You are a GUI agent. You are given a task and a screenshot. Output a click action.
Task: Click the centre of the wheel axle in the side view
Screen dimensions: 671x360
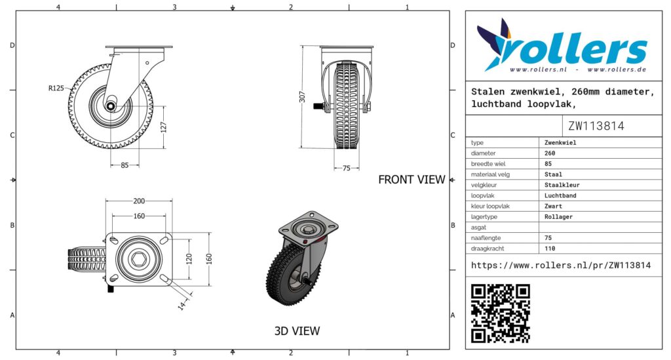click(x=110, y=106)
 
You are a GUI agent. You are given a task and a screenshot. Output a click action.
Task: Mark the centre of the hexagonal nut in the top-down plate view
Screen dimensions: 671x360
click(x=139, y=259)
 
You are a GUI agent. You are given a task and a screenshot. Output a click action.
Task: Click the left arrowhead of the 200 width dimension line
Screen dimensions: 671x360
click(x=107, y=201)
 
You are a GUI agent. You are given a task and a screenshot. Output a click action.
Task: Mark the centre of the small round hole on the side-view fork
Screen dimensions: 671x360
click(x=147, y=63)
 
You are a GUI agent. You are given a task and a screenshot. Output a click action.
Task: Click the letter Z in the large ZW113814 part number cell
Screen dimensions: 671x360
click(x=571, y=126)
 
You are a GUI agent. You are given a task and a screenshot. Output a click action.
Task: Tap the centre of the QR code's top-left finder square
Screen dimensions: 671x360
click(x=478, y=292)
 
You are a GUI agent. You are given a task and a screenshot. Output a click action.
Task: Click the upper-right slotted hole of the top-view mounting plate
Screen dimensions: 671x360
click(x=164, y=240)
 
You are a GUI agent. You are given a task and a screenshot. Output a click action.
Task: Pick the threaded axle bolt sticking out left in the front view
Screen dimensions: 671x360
click(x=318, y=106)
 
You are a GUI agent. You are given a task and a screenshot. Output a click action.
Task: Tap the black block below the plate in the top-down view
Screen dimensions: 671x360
click(x=111, y=289)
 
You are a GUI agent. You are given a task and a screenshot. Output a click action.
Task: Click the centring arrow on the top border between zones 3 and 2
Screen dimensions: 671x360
click(x=233, y=8)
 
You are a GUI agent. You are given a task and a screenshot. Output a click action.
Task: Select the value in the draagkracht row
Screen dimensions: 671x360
click(x=550, y=249)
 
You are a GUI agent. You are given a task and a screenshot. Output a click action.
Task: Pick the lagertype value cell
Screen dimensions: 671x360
click(x=600, y=216)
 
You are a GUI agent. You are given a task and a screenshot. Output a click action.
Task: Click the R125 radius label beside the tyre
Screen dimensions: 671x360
click(x=56, y=88)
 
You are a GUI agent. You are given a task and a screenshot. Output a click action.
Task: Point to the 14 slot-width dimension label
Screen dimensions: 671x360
click(x=182, y=305)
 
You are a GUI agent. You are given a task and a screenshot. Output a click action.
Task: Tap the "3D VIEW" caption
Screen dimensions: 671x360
click(x=297, y=331)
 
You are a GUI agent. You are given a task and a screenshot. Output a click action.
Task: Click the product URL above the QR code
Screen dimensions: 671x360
click(x=561, y=266)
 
